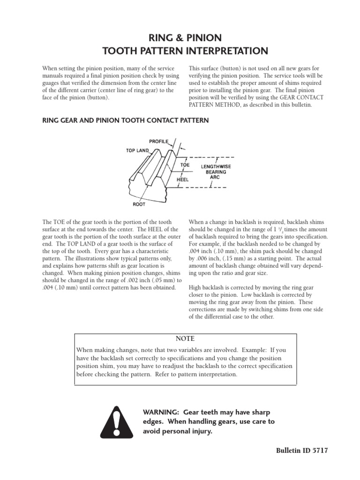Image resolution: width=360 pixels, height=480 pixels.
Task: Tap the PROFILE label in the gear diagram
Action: tap(158, 141)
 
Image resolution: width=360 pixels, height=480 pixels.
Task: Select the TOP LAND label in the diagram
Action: tap(136, 150)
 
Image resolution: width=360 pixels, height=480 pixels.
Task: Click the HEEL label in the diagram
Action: tap(183, 179)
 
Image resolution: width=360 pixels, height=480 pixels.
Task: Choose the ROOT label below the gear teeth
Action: tap(139, 204)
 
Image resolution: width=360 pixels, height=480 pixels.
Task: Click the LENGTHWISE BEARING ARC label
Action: tap(216, 172)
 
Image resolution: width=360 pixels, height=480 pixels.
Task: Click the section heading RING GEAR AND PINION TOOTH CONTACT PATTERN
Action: tap(126, 120)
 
